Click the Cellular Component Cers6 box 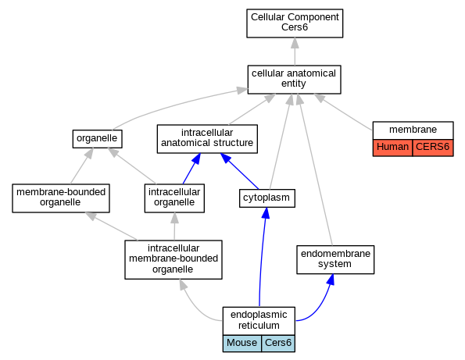pos(295,23)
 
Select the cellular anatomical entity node pos(294,80)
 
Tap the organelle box pos(97,139)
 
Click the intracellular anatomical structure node pos(207,139)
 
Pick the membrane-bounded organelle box pos(61,198)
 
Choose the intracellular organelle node pos(174,198)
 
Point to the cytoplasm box pos(267,198)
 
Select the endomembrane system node pos(335,259)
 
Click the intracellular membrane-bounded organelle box pos(173,259)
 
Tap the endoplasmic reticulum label pos(259,320)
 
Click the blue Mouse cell pos(242,343)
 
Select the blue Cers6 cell pos(278,343)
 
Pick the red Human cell pos(392,148)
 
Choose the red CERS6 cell pos(433,148)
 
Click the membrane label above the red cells pos(413,130)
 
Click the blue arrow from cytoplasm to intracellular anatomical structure pos(239,171)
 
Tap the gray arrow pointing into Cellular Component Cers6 pos(295,52)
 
